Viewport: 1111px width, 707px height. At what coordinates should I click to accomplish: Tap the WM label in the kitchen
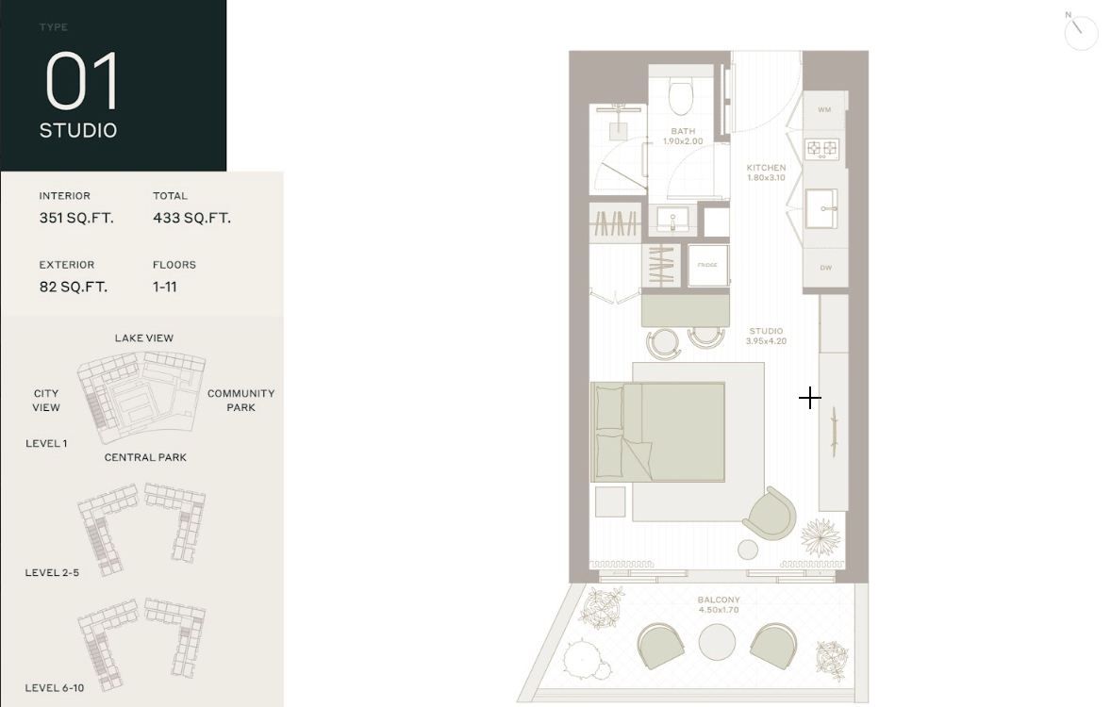pyautogui.click(x=824, y=110)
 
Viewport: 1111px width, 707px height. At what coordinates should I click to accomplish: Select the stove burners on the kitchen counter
pyautogui.click(x=821, y=148)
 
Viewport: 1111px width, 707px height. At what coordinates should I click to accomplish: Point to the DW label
pyautogui.click(x=825, y=268)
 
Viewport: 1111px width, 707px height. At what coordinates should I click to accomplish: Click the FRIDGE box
pyautogui.click(x=707, y=265)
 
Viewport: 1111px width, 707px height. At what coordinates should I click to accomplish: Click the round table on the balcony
pyautogui.click(x=718, y=642)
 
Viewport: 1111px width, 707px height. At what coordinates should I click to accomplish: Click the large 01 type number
pyautogui.click(x=82, y=82)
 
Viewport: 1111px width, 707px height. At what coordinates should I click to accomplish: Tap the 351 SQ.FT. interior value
pyautogui.click(x=76, y=218)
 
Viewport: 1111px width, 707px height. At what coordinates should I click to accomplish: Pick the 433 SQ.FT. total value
pyautogui.click(x=191, y=218)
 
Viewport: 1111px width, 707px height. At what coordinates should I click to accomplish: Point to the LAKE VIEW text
pyautogui.click(x=144, y=337)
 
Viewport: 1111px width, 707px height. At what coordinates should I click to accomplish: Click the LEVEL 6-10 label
pyautogui.click(x=55, y=687)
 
